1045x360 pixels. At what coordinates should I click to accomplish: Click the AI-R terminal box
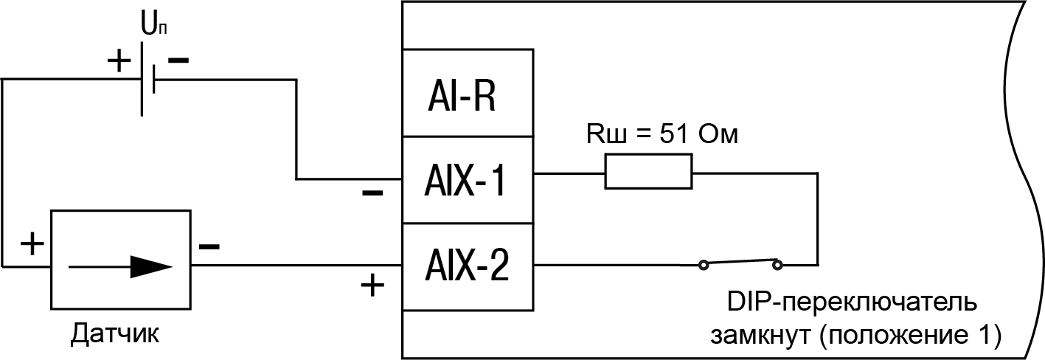[x=468, y=94]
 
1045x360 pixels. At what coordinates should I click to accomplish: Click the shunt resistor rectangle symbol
[x=648, y=172]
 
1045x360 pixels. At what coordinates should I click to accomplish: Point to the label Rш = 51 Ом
[x=662, y=135]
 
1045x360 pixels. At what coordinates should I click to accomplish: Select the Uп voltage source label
[x=149, y=27]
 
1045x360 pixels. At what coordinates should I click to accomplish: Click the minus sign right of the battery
[x=178, y=60]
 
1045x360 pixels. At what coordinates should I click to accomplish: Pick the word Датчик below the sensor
[x=115, y=334]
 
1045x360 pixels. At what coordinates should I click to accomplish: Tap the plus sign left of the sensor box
[x=30, y=244]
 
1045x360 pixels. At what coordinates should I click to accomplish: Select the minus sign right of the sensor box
[x=209, y=244]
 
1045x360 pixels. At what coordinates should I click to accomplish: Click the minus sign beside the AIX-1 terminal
[x=372, y=194]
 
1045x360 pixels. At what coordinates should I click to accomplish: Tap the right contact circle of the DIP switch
[x=777, y=262]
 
